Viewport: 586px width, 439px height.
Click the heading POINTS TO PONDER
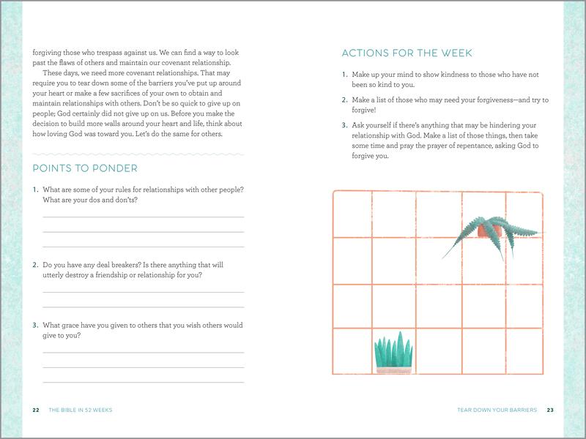point(85,168)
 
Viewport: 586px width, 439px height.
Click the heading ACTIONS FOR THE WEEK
point(407,53)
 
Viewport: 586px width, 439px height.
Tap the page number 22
point(36,410)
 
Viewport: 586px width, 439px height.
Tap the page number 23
point(550,410)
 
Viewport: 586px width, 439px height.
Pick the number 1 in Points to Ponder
point(35,190)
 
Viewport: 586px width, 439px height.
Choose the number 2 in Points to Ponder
point(35,265)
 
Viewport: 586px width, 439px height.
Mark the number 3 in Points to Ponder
point(35,325)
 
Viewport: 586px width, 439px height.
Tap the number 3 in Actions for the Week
point(344,125)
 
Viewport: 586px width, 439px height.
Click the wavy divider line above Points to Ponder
point(138,154)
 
